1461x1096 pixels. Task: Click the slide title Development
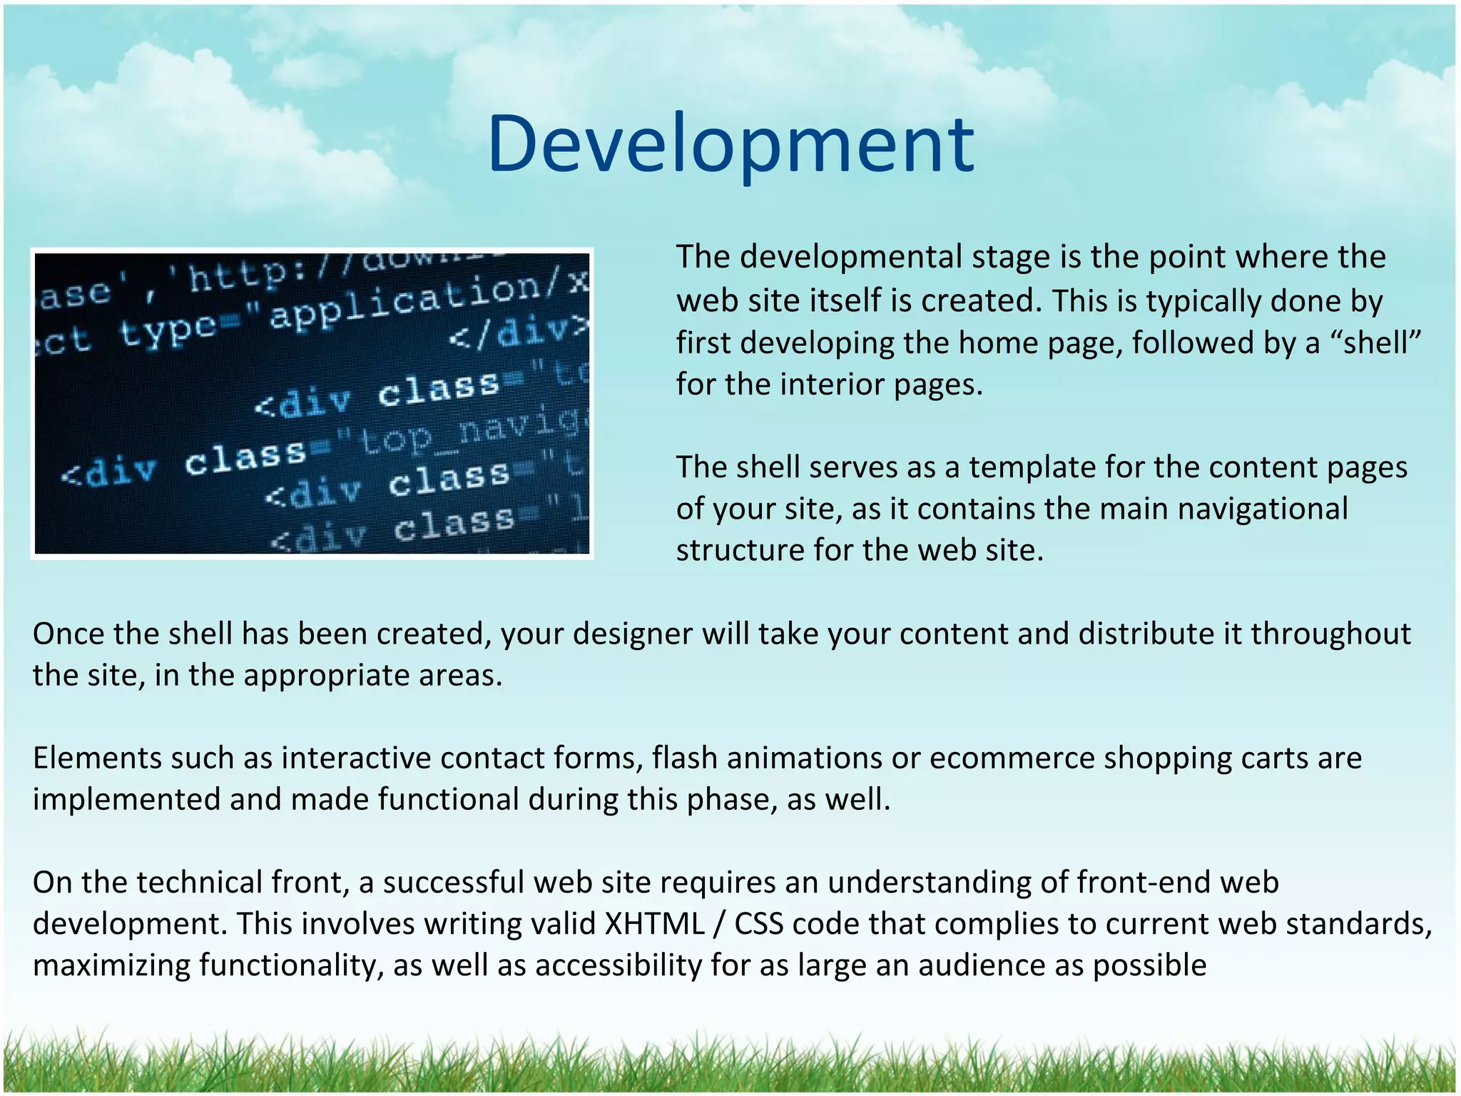pos(730,145)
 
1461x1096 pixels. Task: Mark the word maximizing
pos(111,965)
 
